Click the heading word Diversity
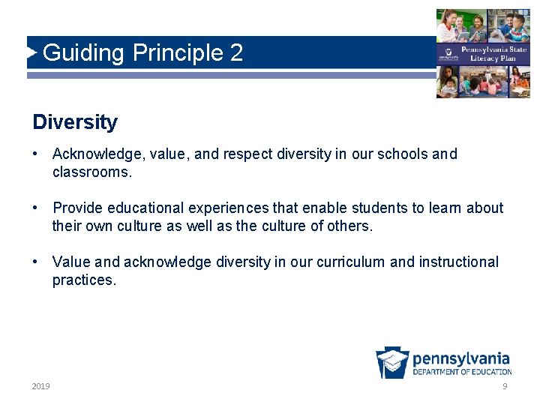(x=75, y=121)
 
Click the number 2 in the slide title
(x=236, y=53)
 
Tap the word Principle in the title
(x=177, y=53)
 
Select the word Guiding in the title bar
(x=83, y=53)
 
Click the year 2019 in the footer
(x=41, y=386)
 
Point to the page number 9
(x=505, y=386)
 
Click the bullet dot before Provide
(x=36, y=208)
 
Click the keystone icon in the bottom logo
(x=392, y=363)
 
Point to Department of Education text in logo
(x=462, y=372)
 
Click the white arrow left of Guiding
(x=31, y=52)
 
